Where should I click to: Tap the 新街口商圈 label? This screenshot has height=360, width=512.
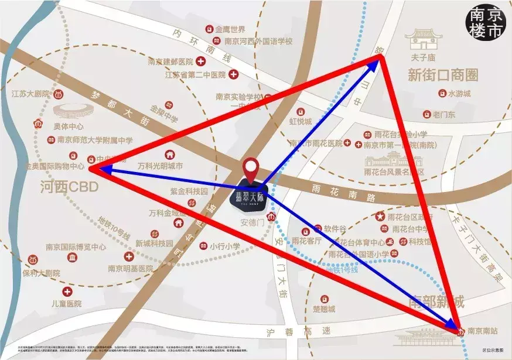[443, 75]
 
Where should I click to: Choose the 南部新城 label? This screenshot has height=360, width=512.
[435, 303]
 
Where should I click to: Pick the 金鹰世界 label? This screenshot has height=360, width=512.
[230, 29]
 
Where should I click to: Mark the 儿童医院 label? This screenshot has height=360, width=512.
[66, 304]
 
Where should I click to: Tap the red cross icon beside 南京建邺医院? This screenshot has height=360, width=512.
[200, 61]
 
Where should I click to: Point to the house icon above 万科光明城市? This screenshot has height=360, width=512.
[169, 155]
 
